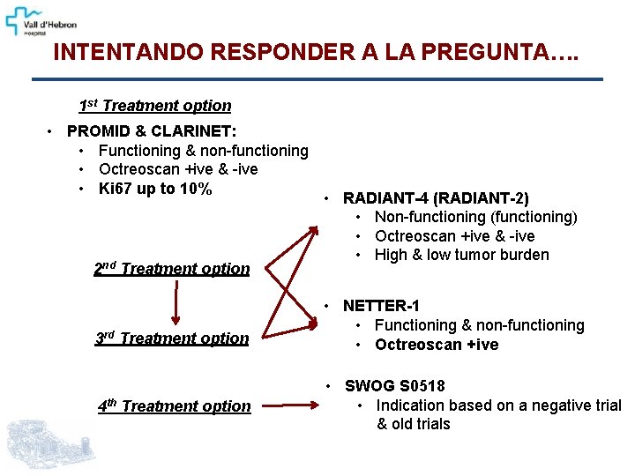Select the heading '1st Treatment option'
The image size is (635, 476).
(155, 106)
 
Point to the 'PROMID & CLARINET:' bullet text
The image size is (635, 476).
(152, 131)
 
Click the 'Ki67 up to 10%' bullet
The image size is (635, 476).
(155, 189)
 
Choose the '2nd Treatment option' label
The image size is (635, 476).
(172, 269)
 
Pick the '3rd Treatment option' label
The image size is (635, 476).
(172, 338)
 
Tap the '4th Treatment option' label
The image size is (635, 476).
(174, 406)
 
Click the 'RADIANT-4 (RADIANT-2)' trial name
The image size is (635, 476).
(436, 197)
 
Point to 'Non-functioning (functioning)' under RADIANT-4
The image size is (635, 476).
(475, 217)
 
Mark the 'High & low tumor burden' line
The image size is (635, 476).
(461, 255)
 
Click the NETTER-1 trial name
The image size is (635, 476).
(381, 306)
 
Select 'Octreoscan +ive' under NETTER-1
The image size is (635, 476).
(437, 345)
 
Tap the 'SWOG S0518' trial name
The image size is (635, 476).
(395, 386)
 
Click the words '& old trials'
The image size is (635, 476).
(414, 424)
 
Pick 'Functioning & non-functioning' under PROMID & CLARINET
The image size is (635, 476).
(203, 151)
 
